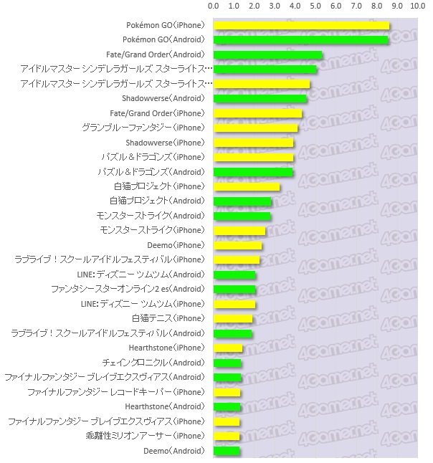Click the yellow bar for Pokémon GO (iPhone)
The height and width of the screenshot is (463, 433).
[x=301, y=26]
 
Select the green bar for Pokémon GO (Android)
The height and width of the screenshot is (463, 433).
[x=300, y=40]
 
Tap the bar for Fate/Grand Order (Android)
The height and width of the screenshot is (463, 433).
[x=267, y=55]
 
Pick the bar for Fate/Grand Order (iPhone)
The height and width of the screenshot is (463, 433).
[x=257, y=113]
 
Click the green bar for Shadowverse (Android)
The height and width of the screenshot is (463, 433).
[x=260, y=99]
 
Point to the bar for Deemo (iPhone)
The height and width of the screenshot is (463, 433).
[x=237, y=246]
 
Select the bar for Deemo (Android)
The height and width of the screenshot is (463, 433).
[x=227, y=451]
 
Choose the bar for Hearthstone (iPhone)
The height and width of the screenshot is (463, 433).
[x=228, y=348]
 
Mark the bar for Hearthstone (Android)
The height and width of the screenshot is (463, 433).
[x=227, y=407]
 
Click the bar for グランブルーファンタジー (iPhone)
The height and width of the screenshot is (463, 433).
[x=255, y=128]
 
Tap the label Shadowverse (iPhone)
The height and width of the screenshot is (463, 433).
[x=164, y=143]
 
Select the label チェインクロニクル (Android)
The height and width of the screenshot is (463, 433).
[x=153, y=363]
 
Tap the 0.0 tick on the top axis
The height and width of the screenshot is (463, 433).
[x=213, y=6]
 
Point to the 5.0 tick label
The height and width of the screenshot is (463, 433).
[x=315, y=6]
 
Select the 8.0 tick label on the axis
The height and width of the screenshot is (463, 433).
[x=376, y=6]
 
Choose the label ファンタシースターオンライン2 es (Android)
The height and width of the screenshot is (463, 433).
[x=127, y=290]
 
